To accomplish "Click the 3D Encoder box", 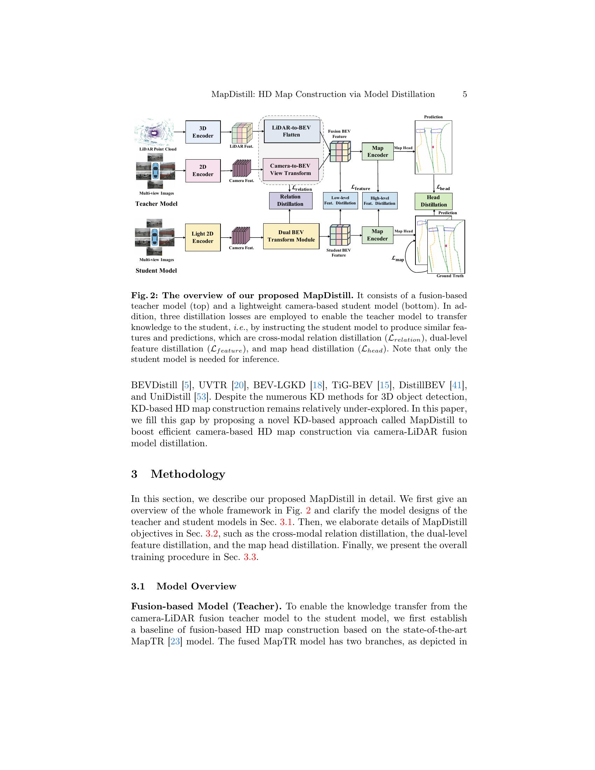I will [x=203, y=132].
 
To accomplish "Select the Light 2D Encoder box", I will [x=203, y=237].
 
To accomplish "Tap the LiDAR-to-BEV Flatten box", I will [x=292, y=131].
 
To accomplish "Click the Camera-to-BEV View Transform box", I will [x=290, y=170].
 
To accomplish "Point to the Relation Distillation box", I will [x=290, y=200].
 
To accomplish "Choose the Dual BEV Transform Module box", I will [x=291, y=236].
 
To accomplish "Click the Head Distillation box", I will [x=433, y=201].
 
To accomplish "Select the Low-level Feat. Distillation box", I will [x=340, y=200].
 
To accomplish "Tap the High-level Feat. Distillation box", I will [x=380, y=201].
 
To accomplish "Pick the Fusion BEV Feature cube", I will [x=340, y=151].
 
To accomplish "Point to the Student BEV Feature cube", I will [x=340, y=235].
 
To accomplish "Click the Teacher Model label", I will [x=156, y=204].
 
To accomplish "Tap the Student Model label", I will [x=156, y=271].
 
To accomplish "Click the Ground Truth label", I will [x=450, y=276].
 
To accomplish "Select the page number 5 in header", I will [x=464, y=94].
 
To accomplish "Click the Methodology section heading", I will [x=188, y=474].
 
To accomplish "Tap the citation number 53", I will [x=201, y=397].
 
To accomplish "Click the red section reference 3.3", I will [x=250, y=557].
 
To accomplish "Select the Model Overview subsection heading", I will [x=196, y=586].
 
